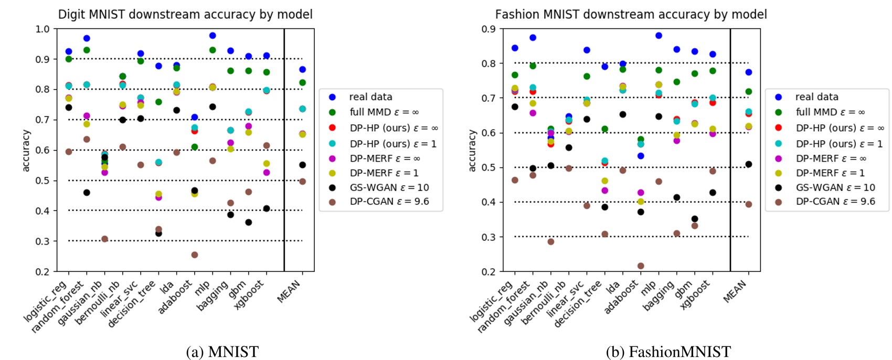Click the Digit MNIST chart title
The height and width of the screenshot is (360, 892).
click(185, 14)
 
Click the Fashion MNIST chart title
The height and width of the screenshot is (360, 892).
click(631, 14)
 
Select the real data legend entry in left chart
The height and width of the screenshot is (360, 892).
click(370, 97)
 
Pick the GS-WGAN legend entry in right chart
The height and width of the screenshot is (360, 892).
click(835, 187)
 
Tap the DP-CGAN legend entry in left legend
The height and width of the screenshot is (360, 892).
click(389, 202)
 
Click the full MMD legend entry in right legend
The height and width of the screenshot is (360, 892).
click(830, 112)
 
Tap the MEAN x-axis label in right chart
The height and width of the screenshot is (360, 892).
click(735, 291)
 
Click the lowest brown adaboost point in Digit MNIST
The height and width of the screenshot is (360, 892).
click(195, 255)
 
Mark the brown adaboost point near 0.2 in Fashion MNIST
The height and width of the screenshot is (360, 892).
click(641, 266)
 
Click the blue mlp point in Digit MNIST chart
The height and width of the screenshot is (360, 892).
click(213, 36)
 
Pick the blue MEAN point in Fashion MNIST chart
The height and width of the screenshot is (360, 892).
click(749, 72)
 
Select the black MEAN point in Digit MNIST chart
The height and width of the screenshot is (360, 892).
click(302, 165)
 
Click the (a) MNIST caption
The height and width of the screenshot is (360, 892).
click(222, 351)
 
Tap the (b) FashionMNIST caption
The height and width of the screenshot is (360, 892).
click(668, 351)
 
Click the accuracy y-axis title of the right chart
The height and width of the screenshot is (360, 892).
click(472, 150)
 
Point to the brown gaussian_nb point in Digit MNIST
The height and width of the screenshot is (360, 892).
click(104, 239)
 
